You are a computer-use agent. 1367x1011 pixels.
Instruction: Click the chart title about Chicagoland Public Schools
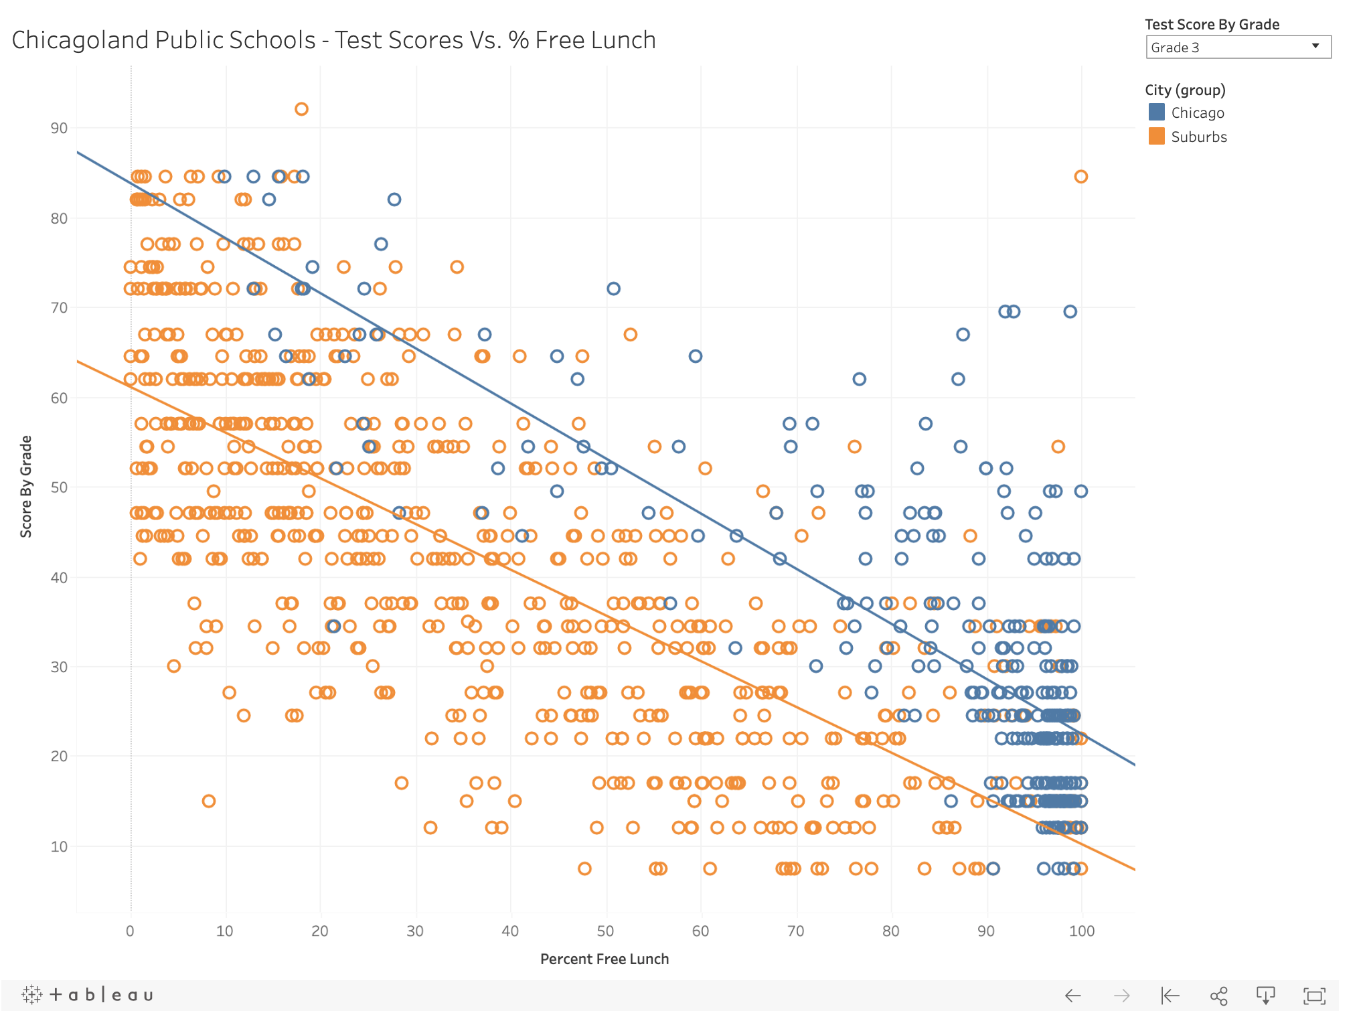tap(333, 40)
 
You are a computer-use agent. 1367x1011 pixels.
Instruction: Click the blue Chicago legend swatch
tap(1156, 112)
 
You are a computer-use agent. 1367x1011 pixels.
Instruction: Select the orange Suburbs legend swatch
tap(1156, 137)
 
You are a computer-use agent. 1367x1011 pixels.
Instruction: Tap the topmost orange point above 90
tap(301, 109)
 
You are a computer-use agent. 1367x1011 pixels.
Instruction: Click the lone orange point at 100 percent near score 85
tap(1080, 177)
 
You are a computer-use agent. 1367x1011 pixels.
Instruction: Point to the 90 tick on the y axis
tap(59, 128)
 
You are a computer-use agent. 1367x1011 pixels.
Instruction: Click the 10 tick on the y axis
tap(59, 846)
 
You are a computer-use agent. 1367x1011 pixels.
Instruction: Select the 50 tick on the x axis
tap(605, 931)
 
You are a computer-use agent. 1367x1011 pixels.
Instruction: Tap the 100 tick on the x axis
tap(1081, 931)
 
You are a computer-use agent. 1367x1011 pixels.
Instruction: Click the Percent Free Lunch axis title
tap(604, 959)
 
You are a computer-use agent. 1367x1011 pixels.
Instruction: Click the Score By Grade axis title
tap(26, 486)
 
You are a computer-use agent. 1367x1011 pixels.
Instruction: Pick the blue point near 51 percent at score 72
tap(613, 289)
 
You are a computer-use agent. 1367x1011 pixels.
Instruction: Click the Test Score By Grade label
tap(1212, 25)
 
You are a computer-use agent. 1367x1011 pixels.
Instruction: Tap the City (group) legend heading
tap(1184, 90)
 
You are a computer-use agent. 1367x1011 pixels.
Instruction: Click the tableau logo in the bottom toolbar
tap(88, 995)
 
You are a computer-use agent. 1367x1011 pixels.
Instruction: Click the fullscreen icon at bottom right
tap(1314, 996)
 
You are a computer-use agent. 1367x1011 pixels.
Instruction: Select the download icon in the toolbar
tap(1265, 996)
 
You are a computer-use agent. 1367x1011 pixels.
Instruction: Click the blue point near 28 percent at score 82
tap(394, 200)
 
